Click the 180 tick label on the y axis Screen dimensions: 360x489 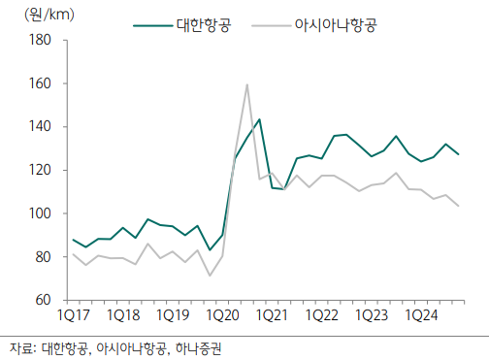click(39, 40)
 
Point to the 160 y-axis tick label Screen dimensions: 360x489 click(39, 83)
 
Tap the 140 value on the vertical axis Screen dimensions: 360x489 click(39, 127)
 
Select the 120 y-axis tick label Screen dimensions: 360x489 click(39, 171)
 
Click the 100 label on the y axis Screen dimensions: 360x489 click(39, 213)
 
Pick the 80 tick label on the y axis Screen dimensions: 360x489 click(42, 257)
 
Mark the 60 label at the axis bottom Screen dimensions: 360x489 click(42, 301)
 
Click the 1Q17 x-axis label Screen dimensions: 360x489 click(74, 316)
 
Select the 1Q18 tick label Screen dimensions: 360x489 click(123, 316)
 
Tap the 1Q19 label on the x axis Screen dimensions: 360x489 click(173, 316)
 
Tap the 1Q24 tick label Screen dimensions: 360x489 click(420, 316)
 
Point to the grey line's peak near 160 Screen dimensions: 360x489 click(247, 84)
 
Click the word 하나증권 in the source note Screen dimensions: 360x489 click(206, 346)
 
